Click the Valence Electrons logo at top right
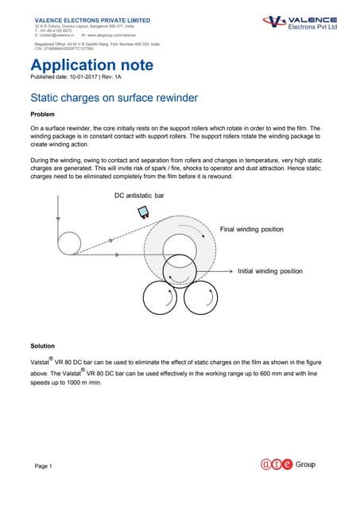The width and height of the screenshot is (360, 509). [x=300, y=22]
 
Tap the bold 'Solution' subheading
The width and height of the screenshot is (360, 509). [x=43, y=346]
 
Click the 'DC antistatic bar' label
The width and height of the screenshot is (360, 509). [x=139, y=195]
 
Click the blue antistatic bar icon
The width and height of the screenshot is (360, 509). [x=144, y=212]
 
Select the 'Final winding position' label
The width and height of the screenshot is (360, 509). [x=251, y=229]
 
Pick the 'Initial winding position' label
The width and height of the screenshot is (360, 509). [x=270, y=271]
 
